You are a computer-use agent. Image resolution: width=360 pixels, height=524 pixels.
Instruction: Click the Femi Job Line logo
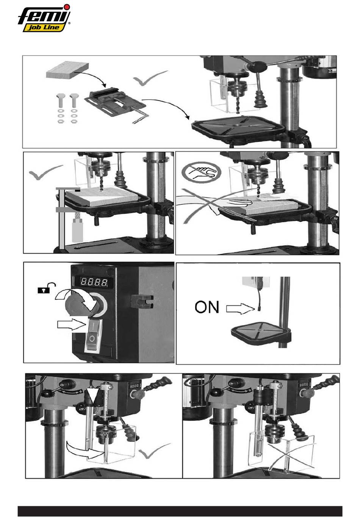(x=44, y=18)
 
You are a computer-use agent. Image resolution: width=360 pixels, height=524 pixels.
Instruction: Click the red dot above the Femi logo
(x=67, y=7)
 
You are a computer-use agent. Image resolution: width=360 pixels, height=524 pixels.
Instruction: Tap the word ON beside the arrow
(x=207, y=307)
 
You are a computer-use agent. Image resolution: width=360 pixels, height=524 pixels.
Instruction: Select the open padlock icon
(x=46, y=288)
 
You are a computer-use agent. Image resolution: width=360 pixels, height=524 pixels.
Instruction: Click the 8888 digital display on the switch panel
(x=94, y=282)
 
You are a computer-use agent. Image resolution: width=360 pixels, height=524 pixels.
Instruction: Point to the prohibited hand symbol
(x=201, y=173)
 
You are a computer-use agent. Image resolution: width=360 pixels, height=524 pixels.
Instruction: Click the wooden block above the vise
(x=67, y=70)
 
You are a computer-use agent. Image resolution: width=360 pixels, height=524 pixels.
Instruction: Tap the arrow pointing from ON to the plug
(x=241, y=308)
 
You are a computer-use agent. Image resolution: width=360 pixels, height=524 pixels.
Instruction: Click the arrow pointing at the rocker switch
(x=71, y=325)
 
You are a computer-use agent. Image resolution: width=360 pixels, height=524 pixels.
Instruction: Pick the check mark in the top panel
(x=150, y=78)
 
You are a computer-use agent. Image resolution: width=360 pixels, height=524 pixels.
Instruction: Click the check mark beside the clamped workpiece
(x=45, y=172)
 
